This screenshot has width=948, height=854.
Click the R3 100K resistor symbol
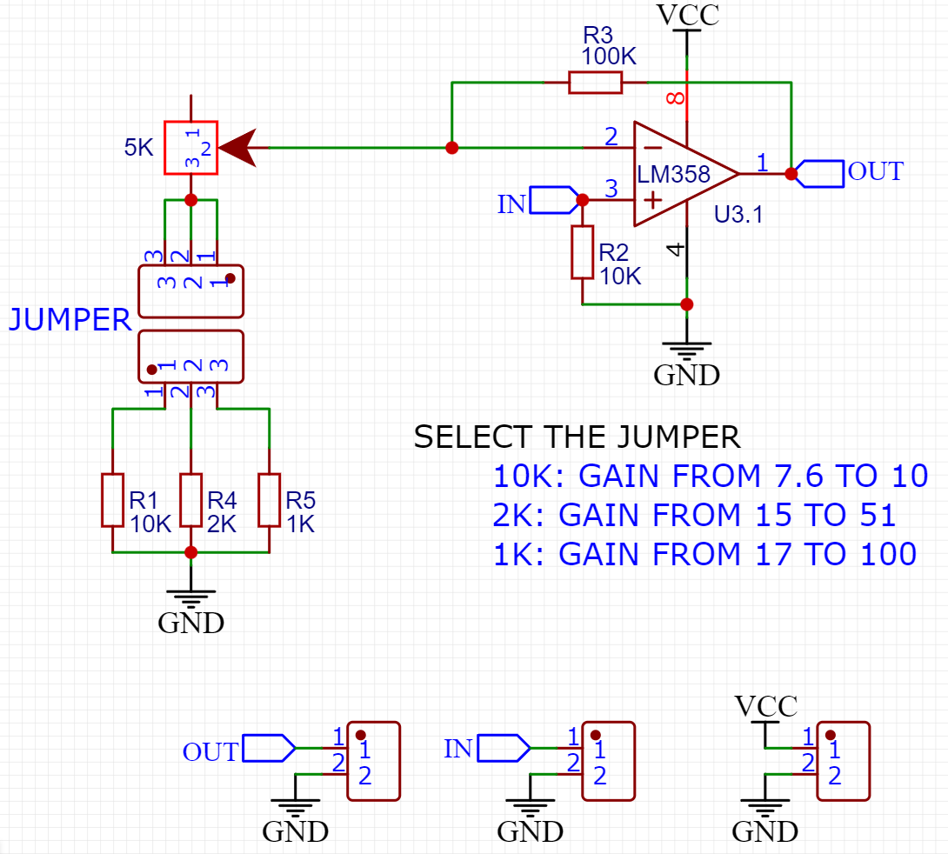[596, 83]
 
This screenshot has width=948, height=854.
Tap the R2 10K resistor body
[582, 252]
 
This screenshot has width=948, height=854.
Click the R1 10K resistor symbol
[113, 500]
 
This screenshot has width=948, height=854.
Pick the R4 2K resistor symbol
[191, 500]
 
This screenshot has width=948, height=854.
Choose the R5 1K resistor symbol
[270, 500]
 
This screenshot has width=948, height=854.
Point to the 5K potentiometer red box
[191, 148]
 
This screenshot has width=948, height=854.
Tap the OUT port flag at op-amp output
[822, 173]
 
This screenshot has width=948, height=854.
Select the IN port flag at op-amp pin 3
[551, 200]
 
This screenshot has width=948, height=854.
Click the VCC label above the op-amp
[687, 15]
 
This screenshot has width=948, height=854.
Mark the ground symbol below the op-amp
[687, 352]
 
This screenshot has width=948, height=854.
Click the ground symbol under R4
[191, 600]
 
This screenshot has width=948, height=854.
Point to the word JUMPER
[70, 320]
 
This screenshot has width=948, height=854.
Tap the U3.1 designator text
[738, 215]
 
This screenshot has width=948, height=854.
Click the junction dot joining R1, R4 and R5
[191, 552]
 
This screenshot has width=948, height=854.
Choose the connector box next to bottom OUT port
[373, 761]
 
